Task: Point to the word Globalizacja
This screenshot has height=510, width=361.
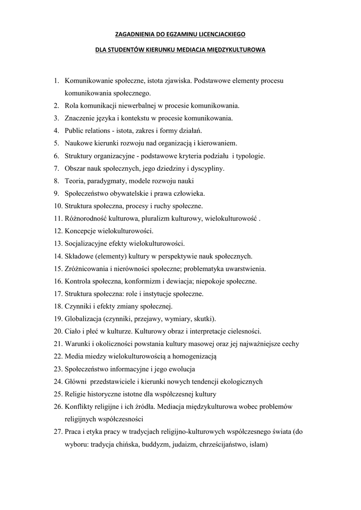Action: coord(83,319)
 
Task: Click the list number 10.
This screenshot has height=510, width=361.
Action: coord(57,206)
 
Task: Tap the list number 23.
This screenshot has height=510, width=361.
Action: coord(57,370)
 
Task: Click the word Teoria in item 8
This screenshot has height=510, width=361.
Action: coord(74,181)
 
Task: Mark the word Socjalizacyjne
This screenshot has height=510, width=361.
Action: coord(88,244)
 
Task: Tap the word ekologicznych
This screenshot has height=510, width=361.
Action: coord(235,382)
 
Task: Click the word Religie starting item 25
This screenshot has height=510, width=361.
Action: coord(76,394)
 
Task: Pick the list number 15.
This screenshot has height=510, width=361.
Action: coord(57,269)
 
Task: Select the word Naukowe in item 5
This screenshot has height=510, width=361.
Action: coord(80,143)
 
